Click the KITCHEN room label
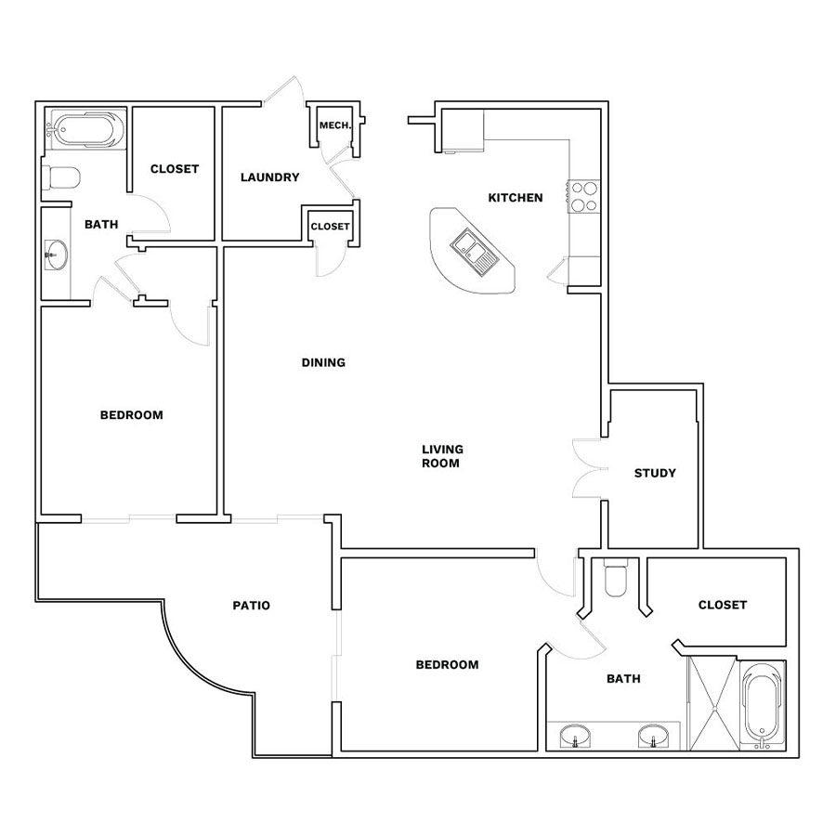pos(515,198)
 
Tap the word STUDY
pos(655,473)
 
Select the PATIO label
pos(251,605)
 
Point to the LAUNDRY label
pos(269,177)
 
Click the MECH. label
pos(335,125)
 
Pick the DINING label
pos(323,362)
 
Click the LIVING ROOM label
pos(442,456)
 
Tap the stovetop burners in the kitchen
pos(584,197)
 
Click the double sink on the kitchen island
pos(475,252)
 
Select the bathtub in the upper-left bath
pos(86,129)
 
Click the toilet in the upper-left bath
pos(60,177)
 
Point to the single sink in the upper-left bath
pos(56,255)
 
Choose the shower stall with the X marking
pos(712,703)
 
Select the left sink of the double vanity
pos(575,737)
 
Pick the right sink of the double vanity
pos(653,737)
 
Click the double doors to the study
pos(589,469)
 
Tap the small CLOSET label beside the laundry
pos(330,227)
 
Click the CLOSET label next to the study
pos(723,605)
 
